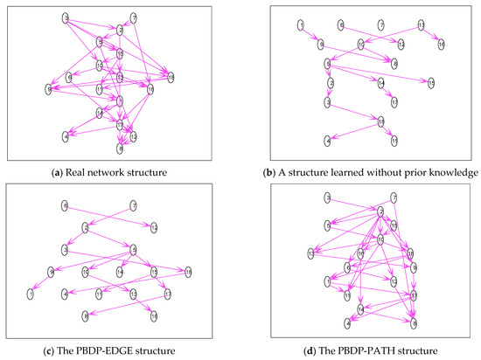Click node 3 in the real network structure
coord(66,17)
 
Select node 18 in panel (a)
coord(171,79)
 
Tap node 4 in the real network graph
coord(66,135)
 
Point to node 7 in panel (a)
coord(133,17)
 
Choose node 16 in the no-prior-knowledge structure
coord(441,43)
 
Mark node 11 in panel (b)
coord(394,140)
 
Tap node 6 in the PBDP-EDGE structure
coord(65,206)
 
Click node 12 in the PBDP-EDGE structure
coord(154,228)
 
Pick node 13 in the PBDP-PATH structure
coord(310,253)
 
